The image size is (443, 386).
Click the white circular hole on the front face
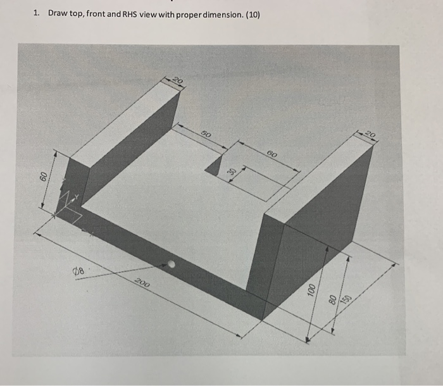pos(171,265)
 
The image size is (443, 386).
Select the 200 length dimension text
pos(142,284)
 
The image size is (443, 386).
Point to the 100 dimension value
pos(311,290)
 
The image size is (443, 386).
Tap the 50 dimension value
pos(206,134)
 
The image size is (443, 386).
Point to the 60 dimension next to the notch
pos(271,154)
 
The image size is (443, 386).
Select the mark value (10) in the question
pos(251,14)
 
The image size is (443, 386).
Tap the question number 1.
pos(37,14)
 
